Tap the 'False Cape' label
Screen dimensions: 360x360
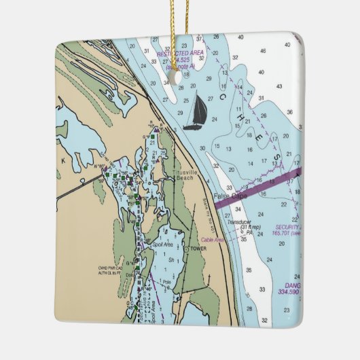pos(229,196)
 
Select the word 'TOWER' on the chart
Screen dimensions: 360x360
pos(198,249)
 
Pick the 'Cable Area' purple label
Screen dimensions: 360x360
pos(213,240)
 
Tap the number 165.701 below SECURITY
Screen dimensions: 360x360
pos(285,233)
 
